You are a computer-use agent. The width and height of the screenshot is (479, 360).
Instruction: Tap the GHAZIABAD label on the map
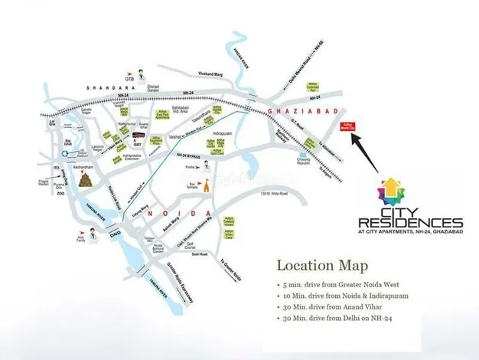[x=296, y=111]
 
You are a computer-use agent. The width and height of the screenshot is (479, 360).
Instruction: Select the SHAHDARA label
[x=106, y=88]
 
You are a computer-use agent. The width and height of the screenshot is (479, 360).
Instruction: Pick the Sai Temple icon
[x=204, y=185]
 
